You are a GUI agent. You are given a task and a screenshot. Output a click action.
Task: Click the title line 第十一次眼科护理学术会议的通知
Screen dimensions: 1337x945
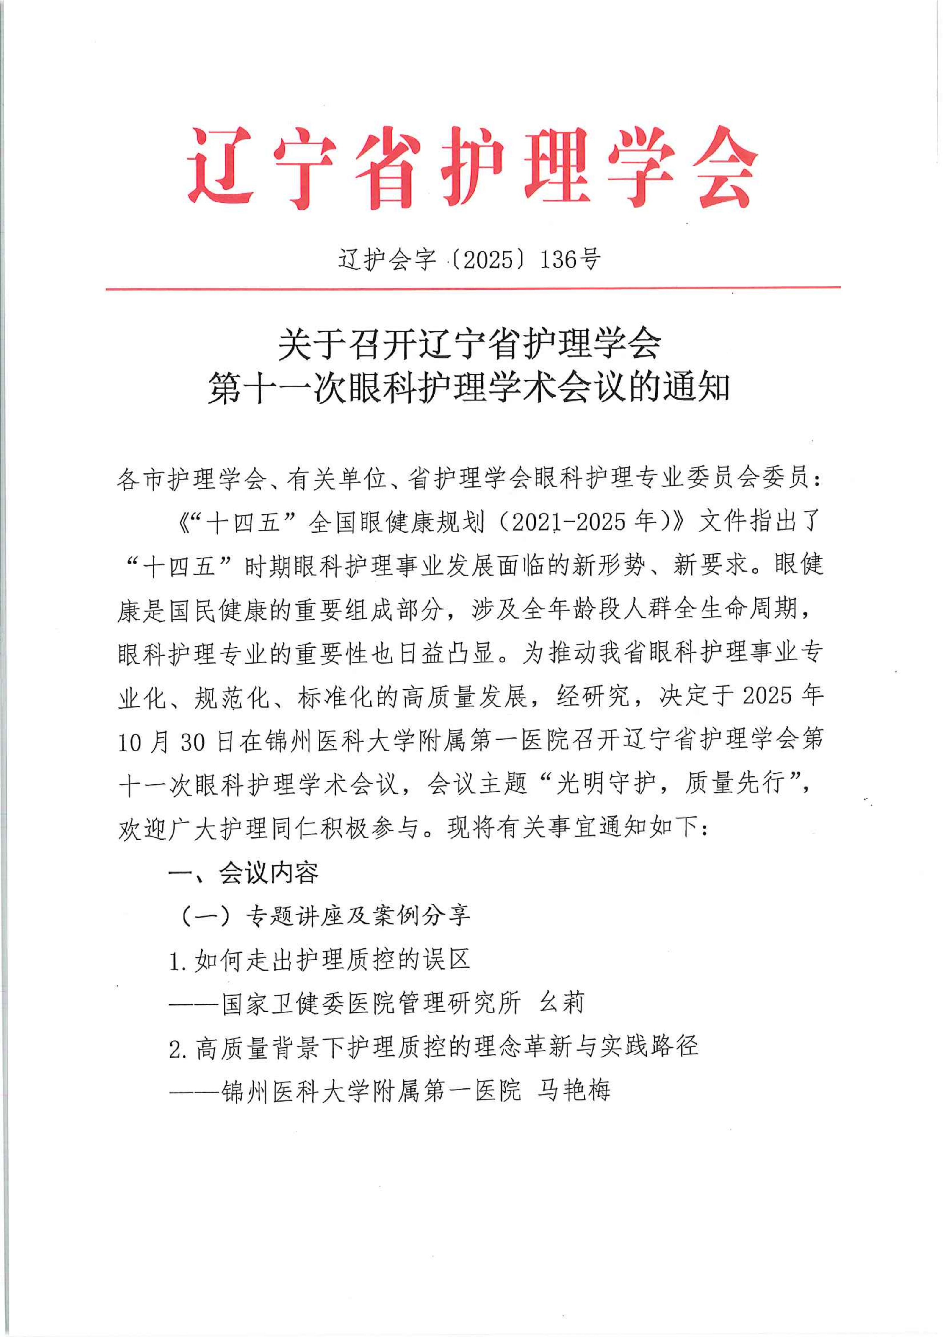coord(469,388)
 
